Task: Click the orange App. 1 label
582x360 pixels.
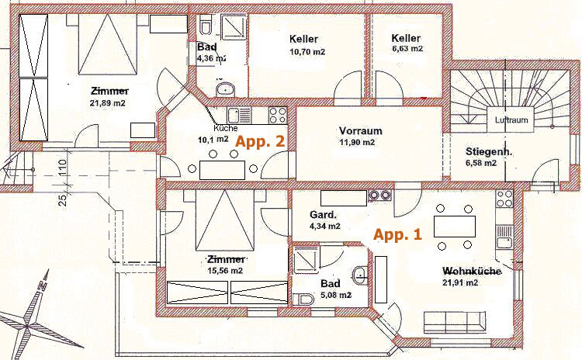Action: [397, 235]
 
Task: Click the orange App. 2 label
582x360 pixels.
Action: [260, 141]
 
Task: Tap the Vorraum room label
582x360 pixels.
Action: [360, 130]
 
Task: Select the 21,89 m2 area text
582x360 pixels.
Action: [108, 103]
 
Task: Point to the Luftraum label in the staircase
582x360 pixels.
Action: [511, 120]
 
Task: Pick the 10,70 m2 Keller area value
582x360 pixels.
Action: [307, 51]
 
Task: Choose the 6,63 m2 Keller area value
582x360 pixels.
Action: [407, 49]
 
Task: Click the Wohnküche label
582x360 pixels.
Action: [472, 271]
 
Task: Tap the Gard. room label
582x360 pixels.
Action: [323, 214]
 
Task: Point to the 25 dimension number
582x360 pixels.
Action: [63, 200]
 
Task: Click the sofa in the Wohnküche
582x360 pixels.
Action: [455, 322]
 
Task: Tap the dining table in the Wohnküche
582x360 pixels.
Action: [455, 227]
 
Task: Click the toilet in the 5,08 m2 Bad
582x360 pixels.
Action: [303, 299]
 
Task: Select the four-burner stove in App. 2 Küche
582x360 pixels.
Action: [278, 115]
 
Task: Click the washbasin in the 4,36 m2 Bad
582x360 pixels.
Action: [225, 89]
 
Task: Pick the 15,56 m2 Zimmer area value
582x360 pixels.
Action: [225, 271]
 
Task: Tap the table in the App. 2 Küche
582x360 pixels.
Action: [223, 170]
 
